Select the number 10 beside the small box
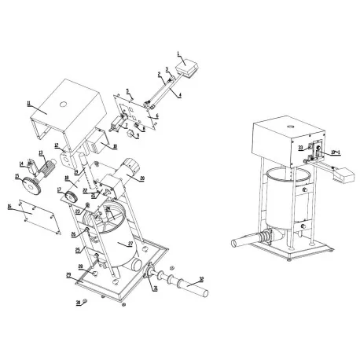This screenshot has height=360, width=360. coord(115,146)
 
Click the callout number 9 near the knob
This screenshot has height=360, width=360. coord(137,135)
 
